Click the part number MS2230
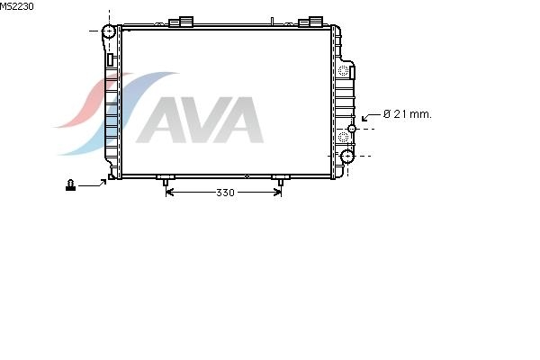pyautogui.click(x=16, y=6)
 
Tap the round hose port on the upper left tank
pyautogui.click(x=109, y=31)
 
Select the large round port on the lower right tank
pyautogui.click(x=347, y=156)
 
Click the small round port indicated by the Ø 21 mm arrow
pyautogui.click(x=352, y=129)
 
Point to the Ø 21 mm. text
pyautogui.click(x=407, y=114)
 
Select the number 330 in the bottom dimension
pyautogui.click(x=225, y=193)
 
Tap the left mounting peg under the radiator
pyautogui.click(x=166, y=181)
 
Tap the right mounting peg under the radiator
pyautogui.click(x=281, y=181)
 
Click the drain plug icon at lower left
pyautogui.click(x=70, y=185)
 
